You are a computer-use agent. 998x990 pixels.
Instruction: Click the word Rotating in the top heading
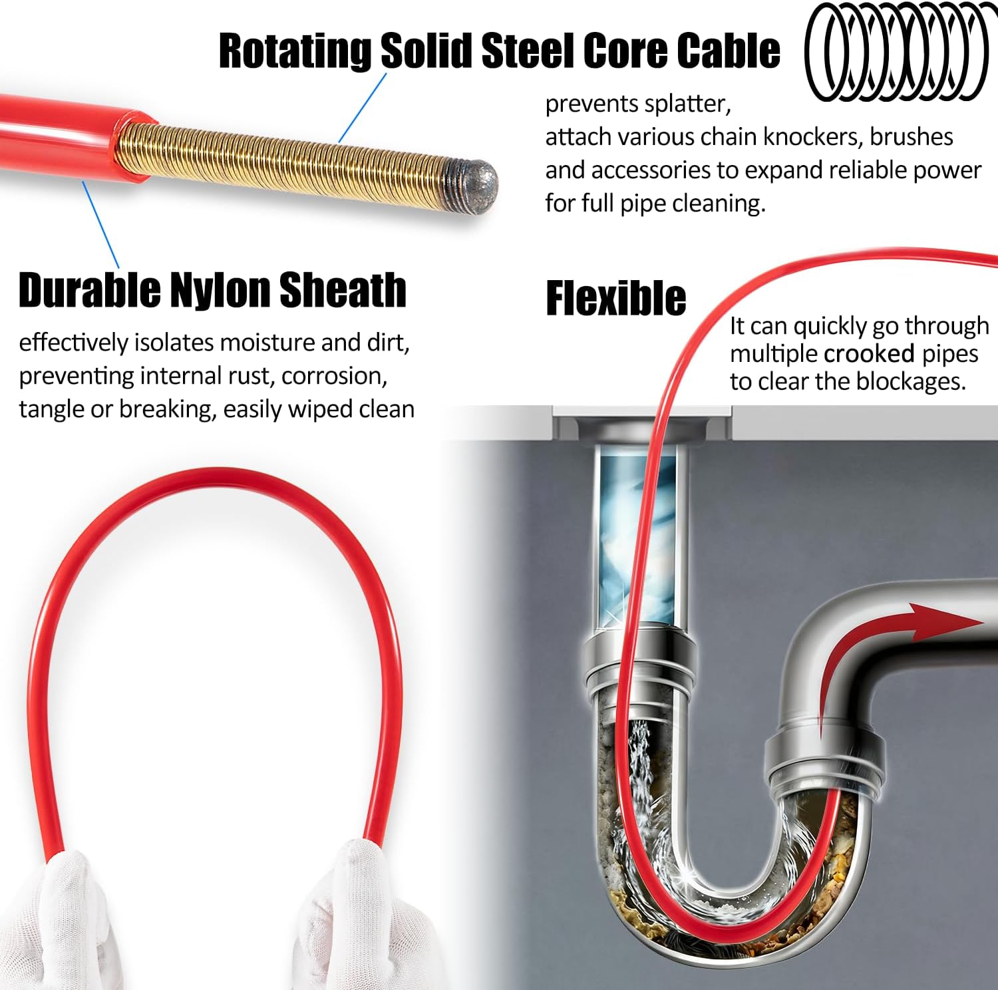pos(295,51)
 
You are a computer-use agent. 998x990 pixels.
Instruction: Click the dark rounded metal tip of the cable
pos(474,187)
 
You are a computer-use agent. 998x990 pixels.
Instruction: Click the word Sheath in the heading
pos(343,290)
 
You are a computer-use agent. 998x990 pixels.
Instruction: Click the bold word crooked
pos(869,353)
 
